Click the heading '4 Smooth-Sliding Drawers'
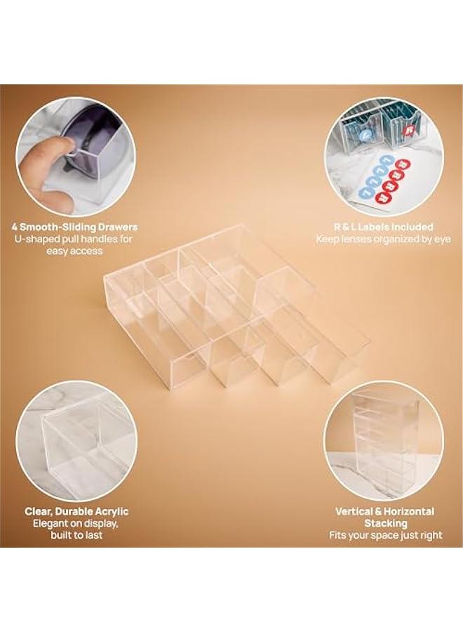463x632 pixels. click(74, 227)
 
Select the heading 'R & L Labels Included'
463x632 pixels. click(384, 227)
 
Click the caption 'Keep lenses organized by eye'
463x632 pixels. click(384, 239)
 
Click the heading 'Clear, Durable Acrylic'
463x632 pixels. click(76, 511)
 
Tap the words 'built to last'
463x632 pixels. click(76, 535)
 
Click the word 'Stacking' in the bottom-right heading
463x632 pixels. click(384, 523)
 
